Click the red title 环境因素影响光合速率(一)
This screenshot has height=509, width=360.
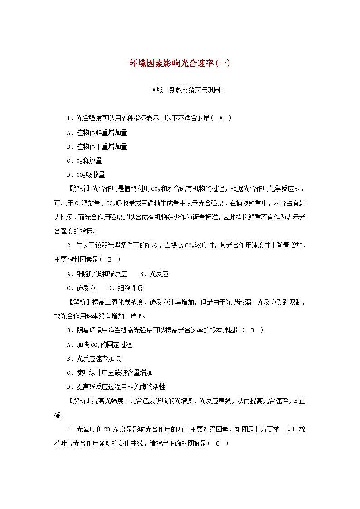[180, 64]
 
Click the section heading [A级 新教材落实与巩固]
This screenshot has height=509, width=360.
[180, 90]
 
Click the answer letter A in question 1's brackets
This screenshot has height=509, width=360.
[221, 118]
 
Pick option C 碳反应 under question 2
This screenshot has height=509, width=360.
[81, 288]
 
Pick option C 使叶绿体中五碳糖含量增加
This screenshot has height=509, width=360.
[109, 373]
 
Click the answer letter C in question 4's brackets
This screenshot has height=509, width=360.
[218, 443]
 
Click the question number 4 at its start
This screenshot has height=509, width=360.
[68, 429]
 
